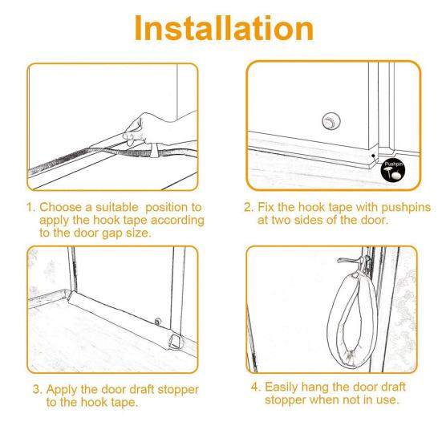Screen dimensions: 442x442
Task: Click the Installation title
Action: [224, 28]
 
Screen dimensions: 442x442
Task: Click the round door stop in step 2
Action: [331, 120]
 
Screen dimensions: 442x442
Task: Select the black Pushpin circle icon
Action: [393, 170]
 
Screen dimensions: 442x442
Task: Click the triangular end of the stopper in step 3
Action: [176, 342]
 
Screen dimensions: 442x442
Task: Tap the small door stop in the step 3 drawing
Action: [157, 321]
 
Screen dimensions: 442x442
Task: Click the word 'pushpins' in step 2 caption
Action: [406, 208]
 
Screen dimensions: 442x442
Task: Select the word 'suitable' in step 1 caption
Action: [117, 207]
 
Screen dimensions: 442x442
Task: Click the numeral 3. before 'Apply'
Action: [38, 390]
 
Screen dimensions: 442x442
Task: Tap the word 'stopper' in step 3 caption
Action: [178, 390]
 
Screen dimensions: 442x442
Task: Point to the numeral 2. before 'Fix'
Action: [249, 207]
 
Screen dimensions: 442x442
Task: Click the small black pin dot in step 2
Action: [373, 156]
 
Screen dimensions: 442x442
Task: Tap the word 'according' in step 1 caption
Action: [177, 221]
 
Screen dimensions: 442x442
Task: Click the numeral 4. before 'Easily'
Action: [256, 387]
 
